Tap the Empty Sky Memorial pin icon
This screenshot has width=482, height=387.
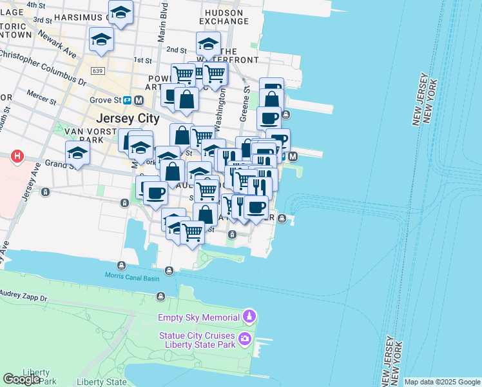(249, 317)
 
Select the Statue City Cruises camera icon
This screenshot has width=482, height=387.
(245, 339)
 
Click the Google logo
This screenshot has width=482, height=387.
(21, 379)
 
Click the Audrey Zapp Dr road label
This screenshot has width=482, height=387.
(25, 299)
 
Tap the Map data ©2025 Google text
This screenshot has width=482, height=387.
(442, 382)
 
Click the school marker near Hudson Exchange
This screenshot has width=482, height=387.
(208, 44)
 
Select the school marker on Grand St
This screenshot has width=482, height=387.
(77, 153)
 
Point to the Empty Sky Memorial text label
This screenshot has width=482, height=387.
(199, 317)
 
